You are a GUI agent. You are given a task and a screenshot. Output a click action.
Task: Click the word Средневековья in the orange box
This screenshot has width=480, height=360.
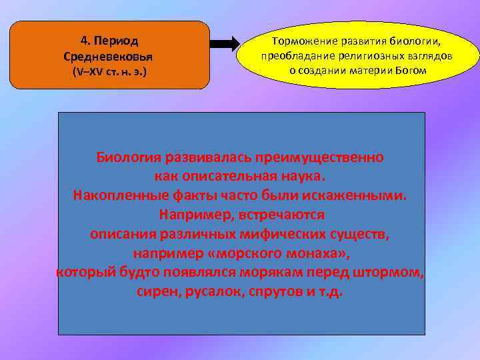113,54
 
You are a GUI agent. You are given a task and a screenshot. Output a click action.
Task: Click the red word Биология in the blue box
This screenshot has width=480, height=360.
129,158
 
